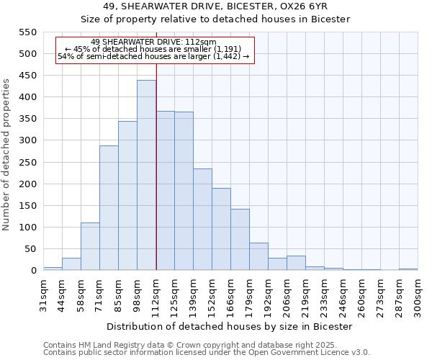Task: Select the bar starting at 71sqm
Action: click(x=109, y=208)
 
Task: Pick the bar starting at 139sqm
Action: click(x=202, y=220)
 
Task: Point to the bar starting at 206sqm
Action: click(x=296, y=264)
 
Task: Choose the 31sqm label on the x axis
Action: click(x=43, y=295)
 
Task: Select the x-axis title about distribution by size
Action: click(x=229, y=326)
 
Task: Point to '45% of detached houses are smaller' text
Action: click(x=155, y=49)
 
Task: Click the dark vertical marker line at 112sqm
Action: click(x=156, y=180)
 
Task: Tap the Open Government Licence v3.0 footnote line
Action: click(x=207, y=352)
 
